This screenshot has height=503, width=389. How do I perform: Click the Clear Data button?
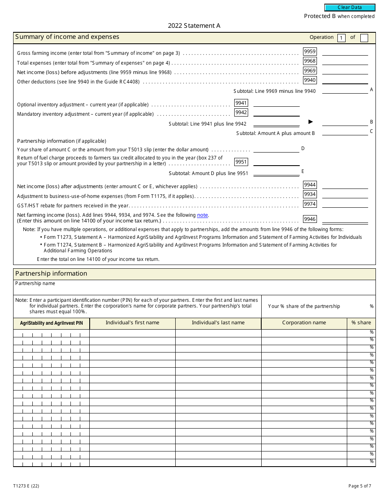click(350, 7)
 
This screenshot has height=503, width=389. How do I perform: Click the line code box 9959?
click(310, 52)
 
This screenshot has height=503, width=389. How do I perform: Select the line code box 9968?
click(310, 61)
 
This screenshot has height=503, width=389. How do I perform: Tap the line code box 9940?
click(310, 80)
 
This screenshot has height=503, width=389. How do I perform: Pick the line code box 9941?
click(241, 103)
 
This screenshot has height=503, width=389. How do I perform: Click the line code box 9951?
click(241, 162)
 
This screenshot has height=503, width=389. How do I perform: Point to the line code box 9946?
click(310, 219)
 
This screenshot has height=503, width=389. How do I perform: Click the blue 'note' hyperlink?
click(203, 215)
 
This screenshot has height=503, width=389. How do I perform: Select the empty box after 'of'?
click(364, 38)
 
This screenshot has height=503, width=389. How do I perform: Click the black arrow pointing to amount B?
click(310, 121)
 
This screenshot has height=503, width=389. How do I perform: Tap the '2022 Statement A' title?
click(194, 26)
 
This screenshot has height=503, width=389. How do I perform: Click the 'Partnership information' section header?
click(51, 274)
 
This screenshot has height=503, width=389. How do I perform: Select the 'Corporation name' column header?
click(304, 323)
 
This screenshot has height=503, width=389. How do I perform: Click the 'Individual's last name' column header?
click(218, 323)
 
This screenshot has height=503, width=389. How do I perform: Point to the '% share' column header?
click(361, 323)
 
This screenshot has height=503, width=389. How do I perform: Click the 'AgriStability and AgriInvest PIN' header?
click(52, 323)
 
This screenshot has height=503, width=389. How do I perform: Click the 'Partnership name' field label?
click(35, 283)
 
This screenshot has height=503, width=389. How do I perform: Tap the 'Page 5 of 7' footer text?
click(360, 486)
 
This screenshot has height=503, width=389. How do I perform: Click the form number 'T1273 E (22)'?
click(26, 486)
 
